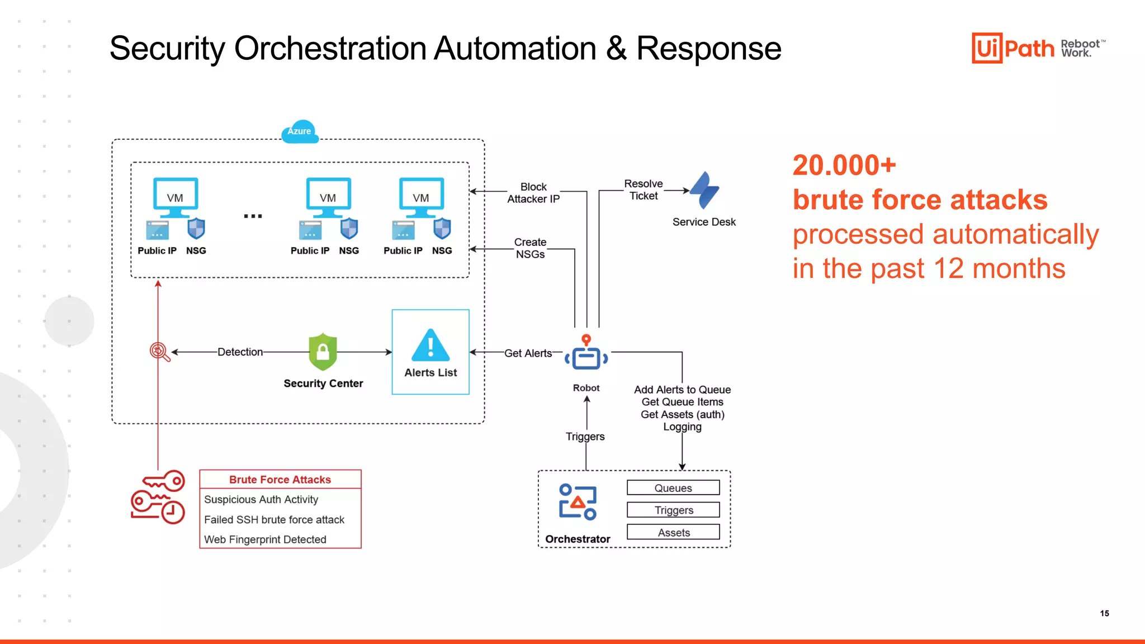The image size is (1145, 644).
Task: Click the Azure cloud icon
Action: pyautogui.click(x=300, y=132)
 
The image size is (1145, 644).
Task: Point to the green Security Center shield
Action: pyautogui.click(x=323, y=352)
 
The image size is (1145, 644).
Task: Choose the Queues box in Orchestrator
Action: pyautogui.click(x=673, y=488)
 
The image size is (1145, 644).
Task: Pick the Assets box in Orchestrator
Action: pyautogui.click(x=673, y=532)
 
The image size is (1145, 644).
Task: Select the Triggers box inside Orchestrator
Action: pyautogui.click(x=673, y=510)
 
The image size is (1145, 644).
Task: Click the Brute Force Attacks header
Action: pyautogui.click(x=280, y=480)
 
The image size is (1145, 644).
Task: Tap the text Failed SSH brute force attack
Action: pyautogui.click(x=274, y=519)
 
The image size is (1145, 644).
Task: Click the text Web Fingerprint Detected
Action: pyautogui.click(x=265, y=539)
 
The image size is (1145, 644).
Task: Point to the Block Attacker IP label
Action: pyautogui.click(x=533, y=193)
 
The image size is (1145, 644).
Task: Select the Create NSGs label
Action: pyautogui.click(x=530, y=248)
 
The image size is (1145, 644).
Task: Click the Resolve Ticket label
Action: pyautogui.click(x=644, y=190)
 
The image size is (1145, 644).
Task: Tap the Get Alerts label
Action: pyautogui.click(x=528, y=353)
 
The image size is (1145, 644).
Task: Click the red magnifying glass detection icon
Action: pyautogui.click(x=159, y=352)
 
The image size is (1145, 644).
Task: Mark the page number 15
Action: pyautogui.click(x=1104, y=613)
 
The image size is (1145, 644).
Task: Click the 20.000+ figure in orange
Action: pyautogui.click(x=844, y=165)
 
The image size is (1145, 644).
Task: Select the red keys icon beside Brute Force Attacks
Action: pyautogui.click(x=158, y=497)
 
